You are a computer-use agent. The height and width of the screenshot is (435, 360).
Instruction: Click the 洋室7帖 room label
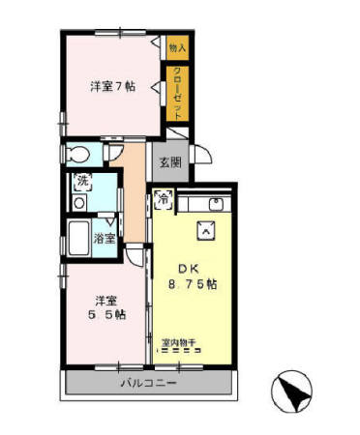click(x=112, y=87)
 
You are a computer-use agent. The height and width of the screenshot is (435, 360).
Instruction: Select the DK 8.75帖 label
click(x=196, y=277)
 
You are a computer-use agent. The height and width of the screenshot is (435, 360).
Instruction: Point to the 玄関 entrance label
click(x=170, y=162)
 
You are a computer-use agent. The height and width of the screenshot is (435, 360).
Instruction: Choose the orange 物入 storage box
click(x=176, y=46)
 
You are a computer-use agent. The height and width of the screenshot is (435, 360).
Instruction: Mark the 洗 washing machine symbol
click(x=82, y=180)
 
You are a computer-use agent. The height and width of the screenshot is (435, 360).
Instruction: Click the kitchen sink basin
click(x=216, y=203)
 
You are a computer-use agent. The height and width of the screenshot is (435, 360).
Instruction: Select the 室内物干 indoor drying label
click(x=179, y=342)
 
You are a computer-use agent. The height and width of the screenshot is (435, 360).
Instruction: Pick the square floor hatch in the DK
click(x=206, y=228)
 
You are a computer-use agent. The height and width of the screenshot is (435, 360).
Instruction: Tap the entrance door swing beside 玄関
click(x=200, y=155)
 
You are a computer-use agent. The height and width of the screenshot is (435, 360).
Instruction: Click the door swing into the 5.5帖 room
click(x=135, y=257)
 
